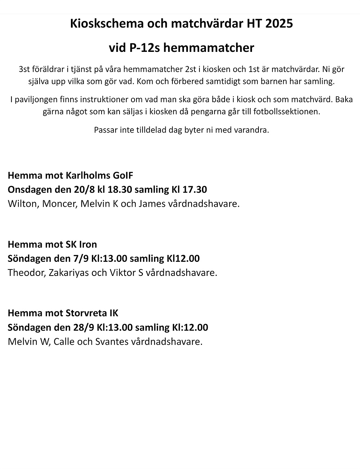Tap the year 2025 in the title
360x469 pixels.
click(279, 24)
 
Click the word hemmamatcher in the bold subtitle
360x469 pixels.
click(209, 48)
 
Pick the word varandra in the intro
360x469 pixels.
click(254, 130)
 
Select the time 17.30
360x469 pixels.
click(195, 189)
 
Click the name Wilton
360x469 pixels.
click(22, 204)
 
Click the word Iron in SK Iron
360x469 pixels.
click(88, 244)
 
